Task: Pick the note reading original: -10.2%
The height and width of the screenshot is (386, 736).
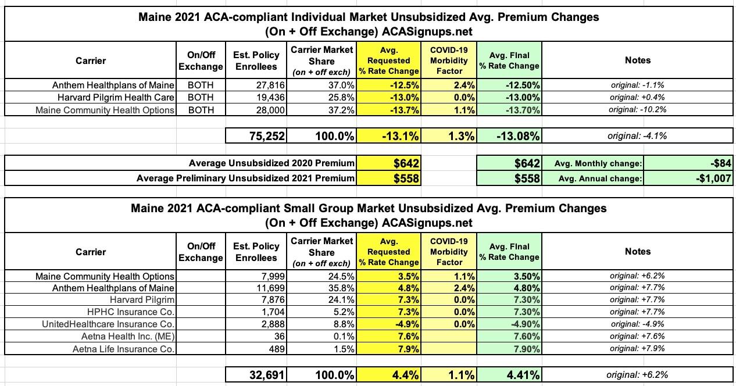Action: [638, 110]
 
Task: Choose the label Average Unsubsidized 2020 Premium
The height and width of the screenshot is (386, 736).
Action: [271, 164]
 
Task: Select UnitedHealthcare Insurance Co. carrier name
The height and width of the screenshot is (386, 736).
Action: [109, 324]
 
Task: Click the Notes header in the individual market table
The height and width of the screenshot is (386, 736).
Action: [638, 60]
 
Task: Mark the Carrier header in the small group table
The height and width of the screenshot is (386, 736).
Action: [91, 252]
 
